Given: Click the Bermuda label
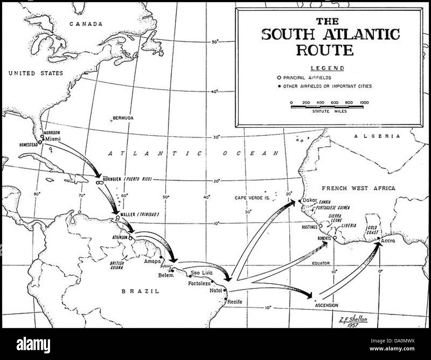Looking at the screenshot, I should (x=123, y=118).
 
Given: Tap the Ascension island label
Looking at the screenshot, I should (x=327, y=305).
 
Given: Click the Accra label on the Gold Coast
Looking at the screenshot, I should (x=388, y=241).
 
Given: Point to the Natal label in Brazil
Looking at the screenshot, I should (x=216, y=291).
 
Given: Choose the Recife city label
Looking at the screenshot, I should (x=235, y=302).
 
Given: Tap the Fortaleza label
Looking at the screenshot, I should (x=200, y=284).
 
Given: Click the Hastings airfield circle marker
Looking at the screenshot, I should (x=321, y=226).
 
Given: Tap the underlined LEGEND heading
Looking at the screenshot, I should (x=327, y=68).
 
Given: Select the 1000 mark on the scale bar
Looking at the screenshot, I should (x=364, y=103).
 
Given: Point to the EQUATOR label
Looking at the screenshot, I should (x=321, y=263).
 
